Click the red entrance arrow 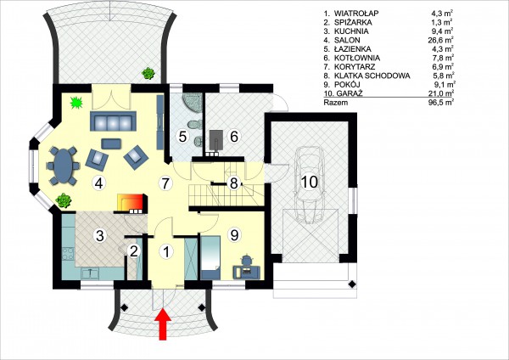click(163, 324)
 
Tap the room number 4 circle click(99, 183)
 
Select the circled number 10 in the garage click(310, 182)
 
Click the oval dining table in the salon click(63, 166)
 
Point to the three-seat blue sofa click(113, 121)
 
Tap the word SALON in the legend click(347, 40)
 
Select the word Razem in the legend click(336, 103)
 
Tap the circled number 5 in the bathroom click(182, 137)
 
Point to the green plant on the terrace click(148, 73)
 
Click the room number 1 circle click(166, 251)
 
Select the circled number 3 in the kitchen click(100, 235)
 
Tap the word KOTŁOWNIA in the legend click(357, 58)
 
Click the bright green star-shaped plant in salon click(76, 103)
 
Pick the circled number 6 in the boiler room click(234, 137)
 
